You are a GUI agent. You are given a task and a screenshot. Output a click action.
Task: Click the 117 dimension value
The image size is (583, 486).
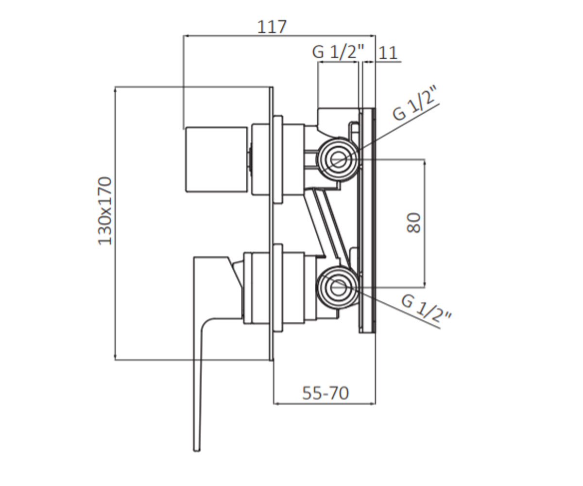tap(272, 27)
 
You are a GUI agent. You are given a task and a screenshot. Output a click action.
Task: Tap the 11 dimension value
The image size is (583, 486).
tap(388, 52)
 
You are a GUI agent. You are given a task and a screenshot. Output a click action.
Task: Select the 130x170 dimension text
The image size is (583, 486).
tap(105, 211)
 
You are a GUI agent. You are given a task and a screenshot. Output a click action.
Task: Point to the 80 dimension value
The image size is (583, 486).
tap(413, 223)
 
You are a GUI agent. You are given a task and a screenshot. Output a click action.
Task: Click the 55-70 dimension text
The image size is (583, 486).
tap(326, 393)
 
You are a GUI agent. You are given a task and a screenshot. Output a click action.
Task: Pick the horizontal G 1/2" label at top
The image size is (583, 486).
tap(338, 52)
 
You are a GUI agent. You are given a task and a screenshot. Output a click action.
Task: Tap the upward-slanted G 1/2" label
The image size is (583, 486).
tap(414, 104)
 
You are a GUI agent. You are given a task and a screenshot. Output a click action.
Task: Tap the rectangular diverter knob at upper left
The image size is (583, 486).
tap(217, 159)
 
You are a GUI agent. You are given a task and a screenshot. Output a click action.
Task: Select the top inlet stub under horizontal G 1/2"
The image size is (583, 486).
tap(338, 119)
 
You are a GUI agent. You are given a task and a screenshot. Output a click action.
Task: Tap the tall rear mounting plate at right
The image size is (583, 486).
tap(367, 220)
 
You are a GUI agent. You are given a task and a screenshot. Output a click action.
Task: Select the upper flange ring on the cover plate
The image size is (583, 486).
tap(278, 159)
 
